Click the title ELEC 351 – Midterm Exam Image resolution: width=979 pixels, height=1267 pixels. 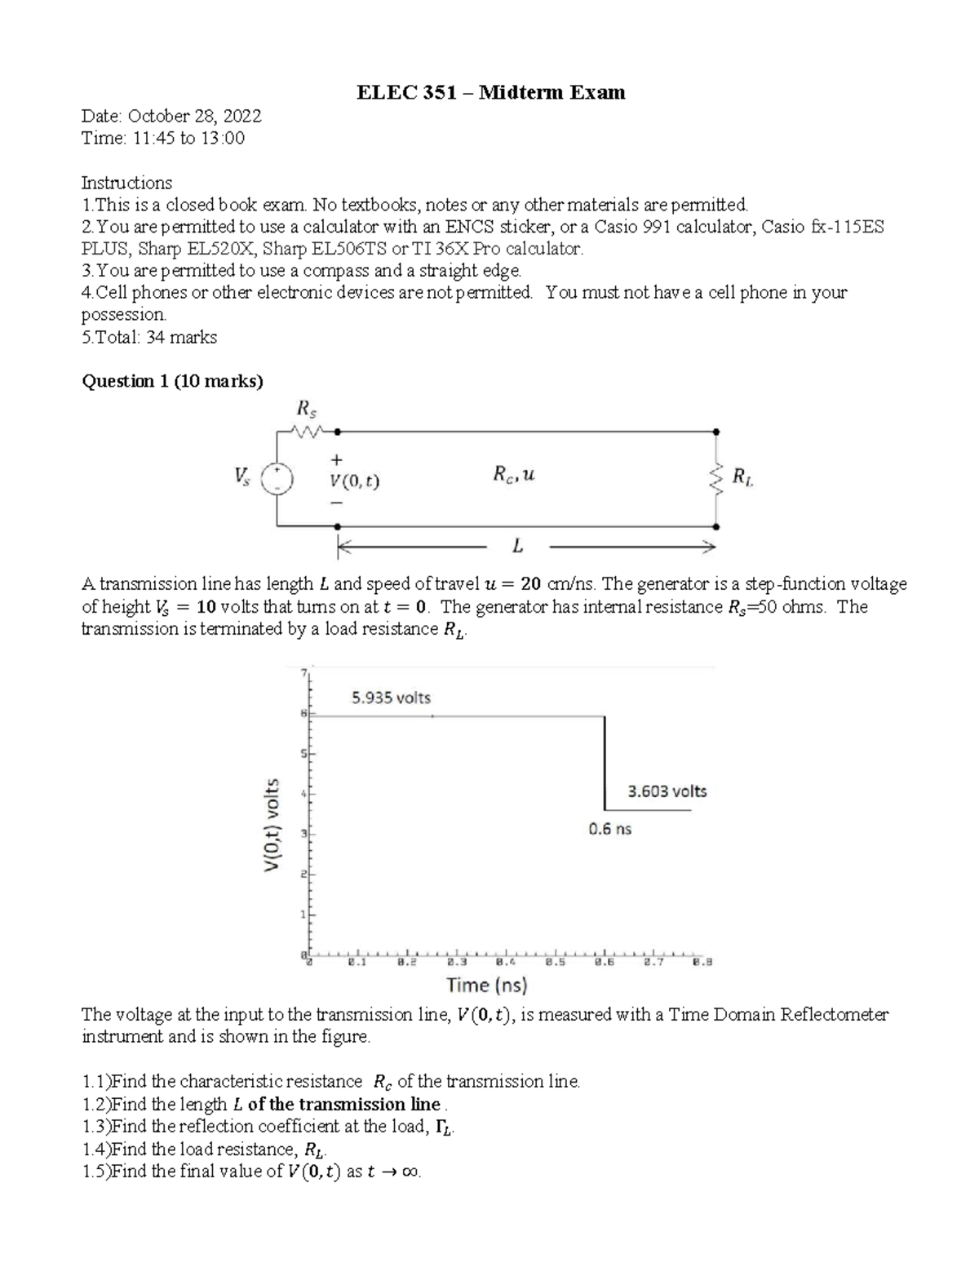pyautogui.click(x=491, y=92)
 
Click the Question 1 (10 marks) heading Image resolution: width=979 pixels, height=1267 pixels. pyautogui.click(x=172, y=381)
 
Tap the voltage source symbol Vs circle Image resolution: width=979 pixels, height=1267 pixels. pyautogui.click(x=277, y=479)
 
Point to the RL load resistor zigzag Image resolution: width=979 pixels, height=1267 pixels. pyautogui.click(x=717, y=479)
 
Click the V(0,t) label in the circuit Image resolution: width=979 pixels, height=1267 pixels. pyautogui.click(x=353, y=481)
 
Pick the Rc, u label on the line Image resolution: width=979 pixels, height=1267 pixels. pyautogui.click(x=512, y=474)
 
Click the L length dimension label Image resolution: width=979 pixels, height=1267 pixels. pyautogui.click(x=517, y=546)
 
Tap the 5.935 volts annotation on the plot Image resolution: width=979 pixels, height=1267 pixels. pyautogui.click(x=390, y=698)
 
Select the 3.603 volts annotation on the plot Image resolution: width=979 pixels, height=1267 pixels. pyautogui.click(x=667, y=791)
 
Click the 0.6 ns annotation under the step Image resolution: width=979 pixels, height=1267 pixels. pyautogui.click(x=609, y=829)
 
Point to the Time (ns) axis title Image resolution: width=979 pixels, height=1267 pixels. pyautogui.click(x=486, y=985)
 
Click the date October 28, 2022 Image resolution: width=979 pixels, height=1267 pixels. pyautogui.click(x=172, y=116)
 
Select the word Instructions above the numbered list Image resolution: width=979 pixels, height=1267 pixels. pyautogui.click(x=126, y=182)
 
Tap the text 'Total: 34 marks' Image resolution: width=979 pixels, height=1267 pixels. pyautogui.click(x=150, y=337)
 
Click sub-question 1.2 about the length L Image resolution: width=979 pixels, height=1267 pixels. pyautogui.click(x=265, y=1104)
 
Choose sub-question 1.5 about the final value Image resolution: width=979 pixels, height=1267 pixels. pyautogui.click(x=251, y=1172)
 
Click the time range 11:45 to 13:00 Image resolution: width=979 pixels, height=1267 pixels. pyautogui.click(x=163, y=138)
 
